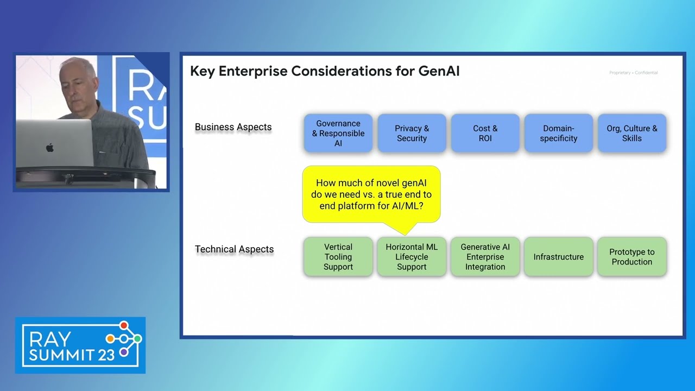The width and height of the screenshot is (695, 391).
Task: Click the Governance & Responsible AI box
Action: tap(338, 133)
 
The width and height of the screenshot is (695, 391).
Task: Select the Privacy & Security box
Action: tap(412, 133)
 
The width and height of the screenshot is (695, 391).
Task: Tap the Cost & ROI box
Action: tap(485, 133)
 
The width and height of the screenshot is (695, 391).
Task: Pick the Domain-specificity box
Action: tap(558, 133)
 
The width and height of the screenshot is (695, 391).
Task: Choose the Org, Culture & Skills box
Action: tap(631, 133)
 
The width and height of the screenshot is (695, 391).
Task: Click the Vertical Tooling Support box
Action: tap(338, 256)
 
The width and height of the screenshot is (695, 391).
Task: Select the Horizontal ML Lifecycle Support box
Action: tap(412, 256)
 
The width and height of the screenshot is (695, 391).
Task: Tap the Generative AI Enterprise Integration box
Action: tap(485, 256)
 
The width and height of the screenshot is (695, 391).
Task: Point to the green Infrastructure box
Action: tap(558, 256)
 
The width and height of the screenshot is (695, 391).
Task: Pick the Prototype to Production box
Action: tap(631, 256)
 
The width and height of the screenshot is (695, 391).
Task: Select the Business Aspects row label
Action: tap(233, 127)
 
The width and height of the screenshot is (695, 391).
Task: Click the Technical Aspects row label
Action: tap(234, 249)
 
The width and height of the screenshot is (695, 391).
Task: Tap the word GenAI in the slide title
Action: tap(439, 71)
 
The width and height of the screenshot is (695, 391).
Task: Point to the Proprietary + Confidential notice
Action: tap(633, 73)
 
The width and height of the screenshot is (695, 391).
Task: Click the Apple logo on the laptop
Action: tap(50, 147)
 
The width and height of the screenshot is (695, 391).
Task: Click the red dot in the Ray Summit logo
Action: tap(124, 325)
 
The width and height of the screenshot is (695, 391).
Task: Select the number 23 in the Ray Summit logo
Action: tap(106, 355)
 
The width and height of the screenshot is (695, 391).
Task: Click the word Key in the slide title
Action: tap(203, 71)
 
